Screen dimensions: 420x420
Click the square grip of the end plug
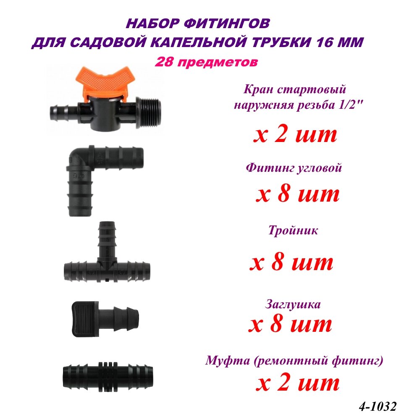pyautogui.click(x=83, y=318)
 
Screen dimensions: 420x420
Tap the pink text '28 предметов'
pyautogui.click(x=206, y=62)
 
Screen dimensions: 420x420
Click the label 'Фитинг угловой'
pyautogui.click(x=294, y=168)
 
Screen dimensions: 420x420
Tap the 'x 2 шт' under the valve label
pyautogui.click(x=294, y=135)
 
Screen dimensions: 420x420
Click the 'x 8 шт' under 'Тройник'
pyautogui.click(x=291, y=263)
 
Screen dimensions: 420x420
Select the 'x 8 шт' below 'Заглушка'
pyautogui.click(x=290, y=324)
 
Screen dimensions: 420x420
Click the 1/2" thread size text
pyautogui.click(x=353, y=105)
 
